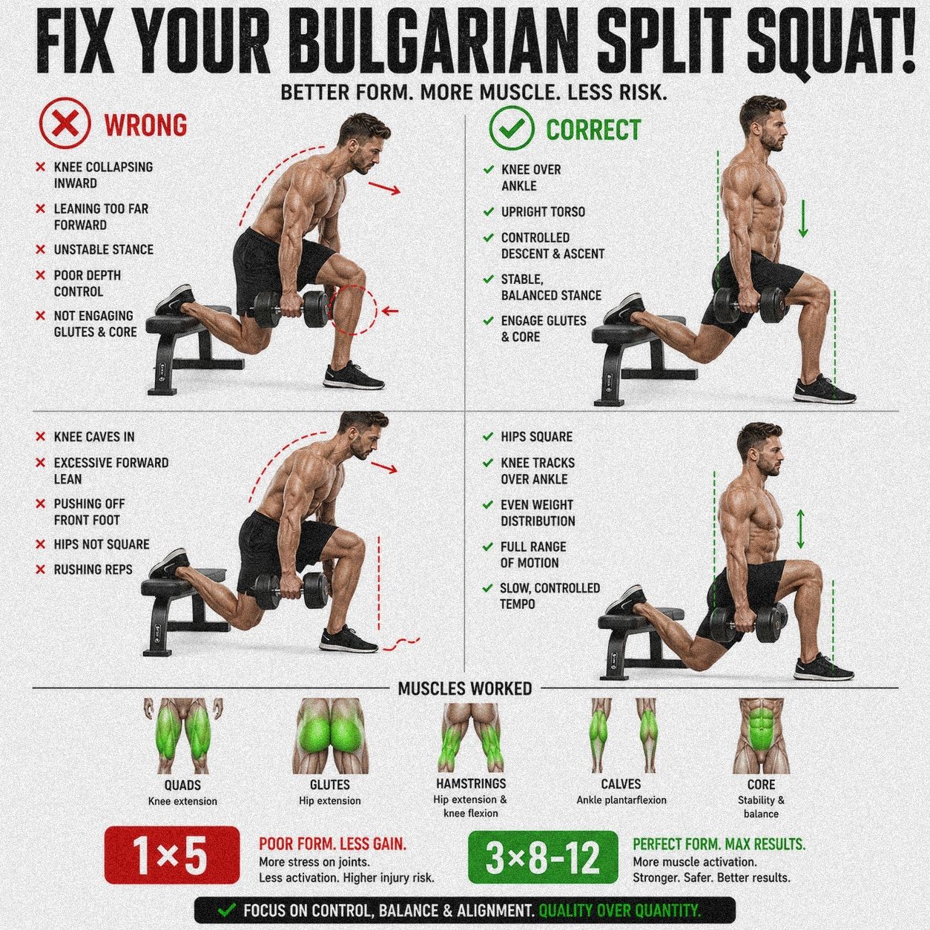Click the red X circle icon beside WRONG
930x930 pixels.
(65, 125)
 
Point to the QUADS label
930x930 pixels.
(182, 785)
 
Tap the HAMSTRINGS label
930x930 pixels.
(471, 783)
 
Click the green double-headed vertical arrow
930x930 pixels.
(800, 529)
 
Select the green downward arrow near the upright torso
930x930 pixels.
(802, 219)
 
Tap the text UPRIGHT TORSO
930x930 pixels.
(543, 212)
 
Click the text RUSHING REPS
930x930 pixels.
(93, 570)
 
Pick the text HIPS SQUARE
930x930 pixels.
(536, 437)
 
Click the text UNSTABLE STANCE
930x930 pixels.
(103, 249)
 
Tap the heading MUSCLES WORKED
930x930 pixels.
(465, 689)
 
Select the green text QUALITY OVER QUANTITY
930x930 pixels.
(620, 911)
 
